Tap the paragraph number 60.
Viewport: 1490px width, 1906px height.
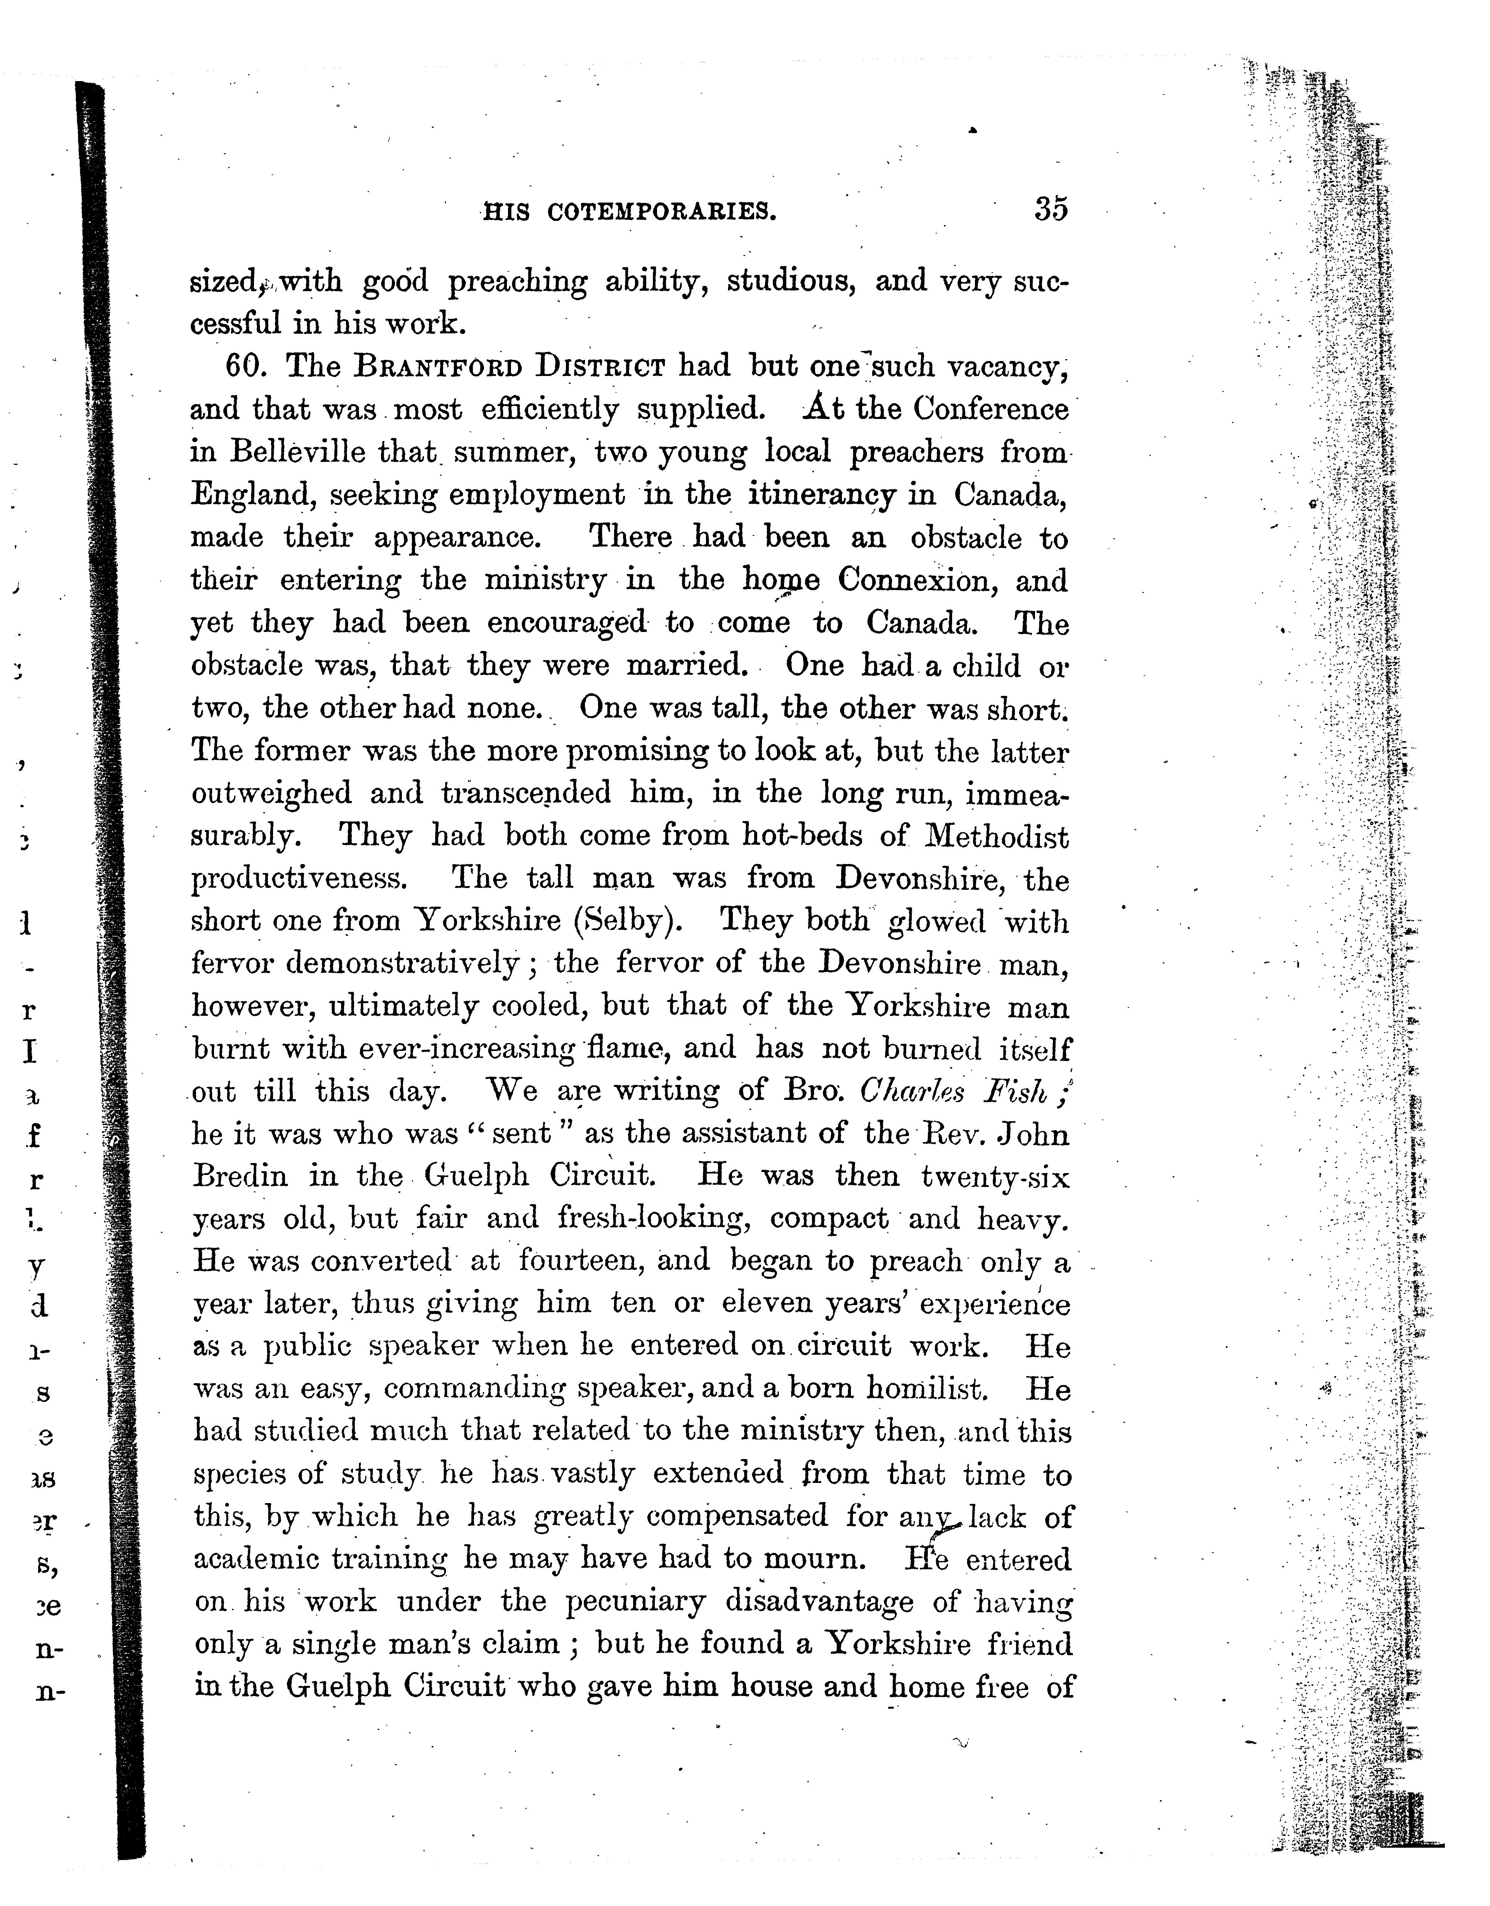[245, 367]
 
